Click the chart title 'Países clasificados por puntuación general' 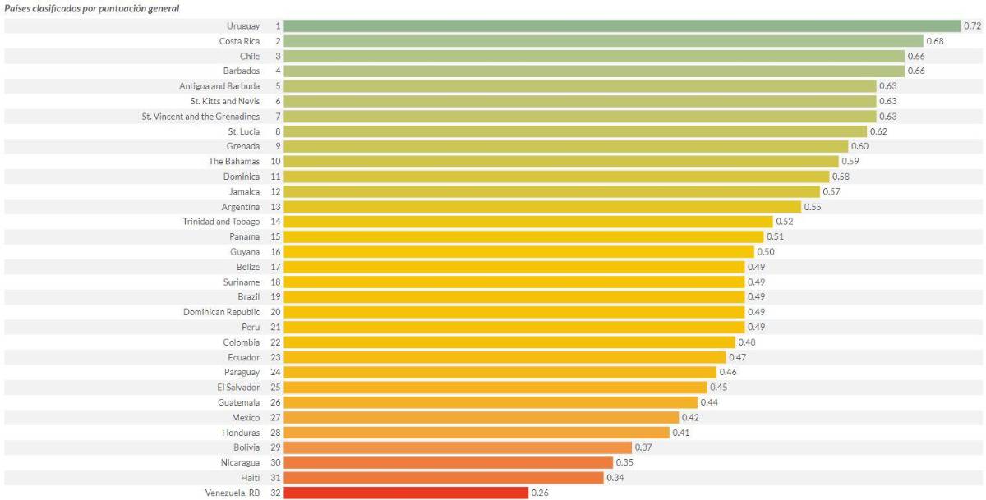point(92,8)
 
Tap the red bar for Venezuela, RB point(406,493)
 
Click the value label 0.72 point(973,26)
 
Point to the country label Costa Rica point(239,41)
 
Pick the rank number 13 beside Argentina point(275,206)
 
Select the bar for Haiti point(444,478)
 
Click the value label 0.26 point(540,493)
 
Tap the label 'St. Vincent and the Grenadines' point(200,116)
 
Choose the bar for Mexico point(481,418)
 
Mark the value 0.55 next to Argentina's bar point(812,206)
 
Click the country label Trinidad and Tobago point(221,222)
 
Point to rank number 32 point(275,493)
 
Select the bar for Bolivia point(458,447)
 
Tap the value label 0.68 point(935,41)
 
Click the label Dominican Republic point(221,312)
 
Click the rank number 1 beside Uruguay point(278,26)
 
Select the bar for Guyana point(518,252)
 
